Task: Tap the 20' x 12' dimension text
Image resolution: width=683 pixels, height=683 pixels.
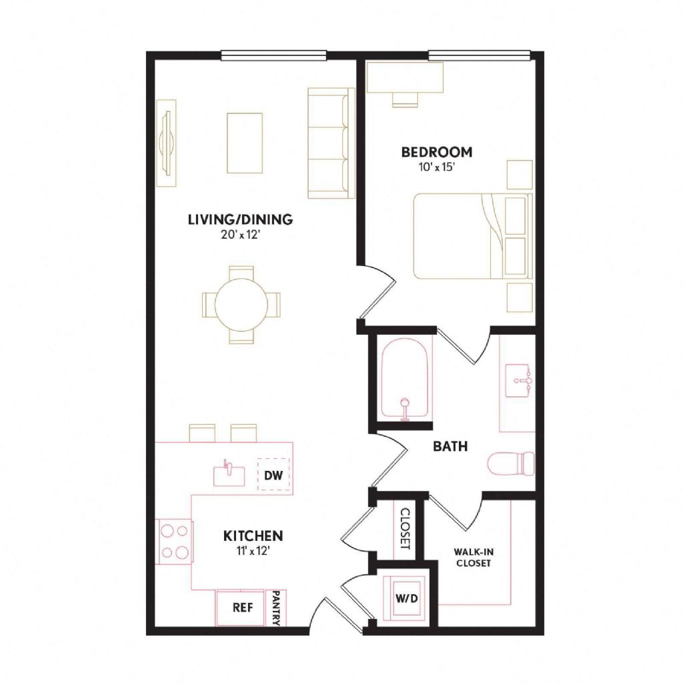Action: [x=240, y=235]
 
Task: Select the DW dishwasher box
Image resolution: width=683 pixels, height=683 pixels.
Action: [x=273, y=474]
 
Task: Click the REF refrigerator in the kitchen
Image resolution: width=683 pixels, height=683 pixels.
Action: [x=240, y=607]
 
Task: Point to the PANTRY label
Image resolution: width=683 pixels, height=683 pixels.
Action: [x=275, y=608]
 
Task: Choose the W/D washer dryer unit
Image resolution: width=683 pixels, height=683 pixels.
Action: [x=406, y=598]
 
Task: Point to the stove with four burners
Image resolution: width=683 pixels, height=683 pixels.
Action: [x=174, y=542]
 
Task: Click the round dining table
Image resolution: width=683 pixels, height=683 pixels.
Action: [x=241, y=305]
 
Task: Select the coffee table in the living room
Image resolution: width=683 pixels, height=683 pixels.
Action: [x=244, y=143]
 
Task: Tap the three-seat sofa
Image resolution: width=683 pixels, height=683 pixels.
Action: [x=331, y=143]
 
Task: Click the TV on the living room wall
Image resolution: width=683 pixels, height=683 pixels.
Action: [x=167, y=143]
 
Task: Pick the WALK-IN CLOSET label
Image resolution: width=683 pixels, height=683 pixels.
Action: [x=474, y=557]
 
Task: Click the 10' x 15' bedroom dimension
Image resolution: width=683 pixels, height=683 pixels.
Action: [x=437, y=167]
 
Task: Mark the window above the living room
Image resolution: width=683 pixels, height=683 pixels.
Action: [x=273, y=55]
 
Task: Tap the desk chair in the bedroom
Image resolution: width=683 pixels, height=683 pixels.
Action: [x=405, y=100]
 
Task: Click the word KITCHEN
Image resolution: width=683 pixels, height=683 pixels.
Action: [x=253, y=536]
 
